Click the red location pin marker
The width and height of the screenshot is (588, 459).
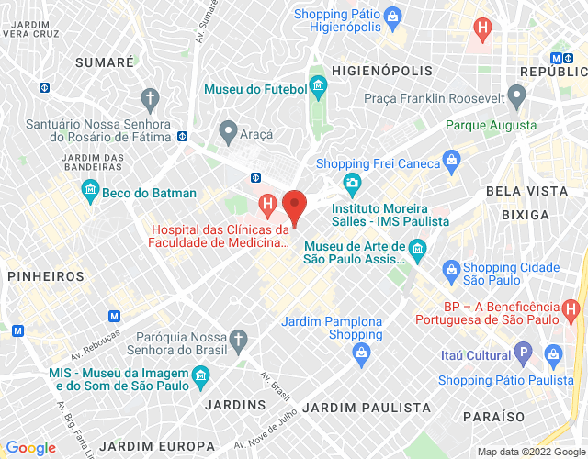point(294,204)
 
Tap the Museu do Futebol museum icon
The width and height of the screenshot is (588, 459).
point(319,86)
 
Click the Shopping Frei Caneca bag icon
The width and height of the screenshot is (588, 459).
point(451,162)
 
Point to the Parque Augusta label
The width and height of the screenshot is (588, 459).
point(491,125)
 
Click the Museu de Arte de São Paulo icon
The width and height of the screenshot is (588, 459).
point(417,248)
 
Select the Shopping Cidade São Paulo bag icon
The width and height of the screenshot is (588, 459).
point(450,268)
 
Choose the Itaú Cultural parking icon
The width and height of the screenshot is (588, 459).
point(524,353)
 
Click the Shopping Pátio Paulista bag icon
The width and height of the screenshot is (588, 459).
point(553,353)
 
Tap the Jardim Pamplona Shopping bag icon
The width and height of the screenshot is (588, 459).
point(362,352)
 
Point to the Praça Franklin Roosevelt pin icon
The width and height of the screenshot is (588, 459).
point(517,95)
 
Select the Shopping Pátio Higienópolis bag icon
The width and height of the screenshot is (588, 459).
point(392,16)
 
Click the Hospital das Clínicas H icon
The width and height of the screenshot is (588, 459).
point(267,204)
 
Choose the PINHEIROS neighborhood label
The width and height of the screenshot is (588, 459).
point(45,275)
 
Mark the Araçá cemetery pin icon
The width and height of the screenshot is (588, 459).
point(228,133)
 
